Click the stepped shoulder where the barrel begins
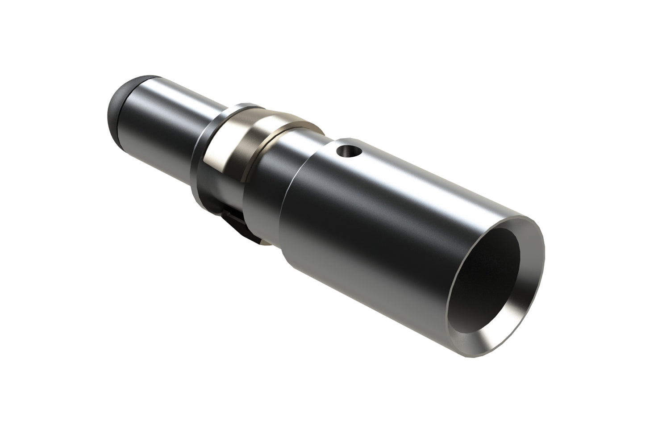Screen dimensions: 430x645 point(290,196)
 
